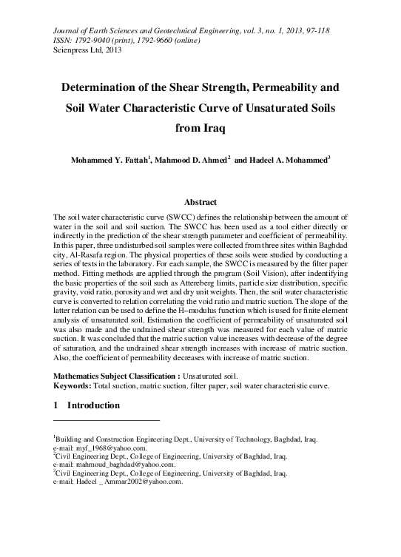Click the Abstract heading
200,202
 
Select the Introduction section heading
93,406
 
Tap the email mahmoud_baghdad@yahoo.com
122,465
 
